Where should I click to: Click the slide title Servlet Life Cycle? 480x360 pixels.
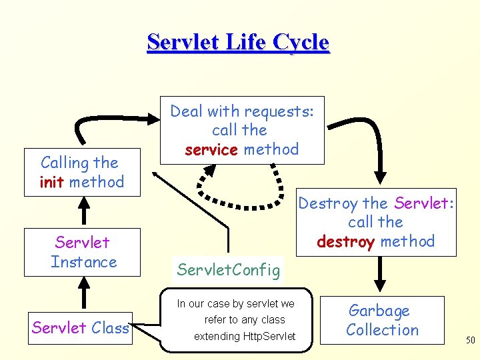[238, 43]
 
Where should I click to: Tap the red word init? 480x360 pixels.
[51, 182]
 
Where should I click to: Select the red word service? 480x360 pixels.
[211, 149]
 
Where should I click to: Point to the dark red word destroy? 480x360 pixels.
[346, 241]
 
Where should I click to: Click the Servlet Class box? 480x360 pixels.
[80, 327]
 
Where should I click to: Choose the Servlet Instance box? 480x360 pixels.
[83, 252]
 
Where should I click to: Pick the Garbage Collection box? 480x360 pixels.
[383, 320]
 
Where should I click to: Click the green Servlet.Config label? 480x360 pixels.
[228, 270]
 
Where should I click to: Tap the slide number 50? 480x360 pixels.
[470, 340]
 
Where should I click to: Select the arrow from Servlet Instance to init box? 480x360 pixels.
[83, 213]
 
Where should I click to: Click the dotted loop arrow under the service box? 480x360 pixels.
[247, 193]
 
